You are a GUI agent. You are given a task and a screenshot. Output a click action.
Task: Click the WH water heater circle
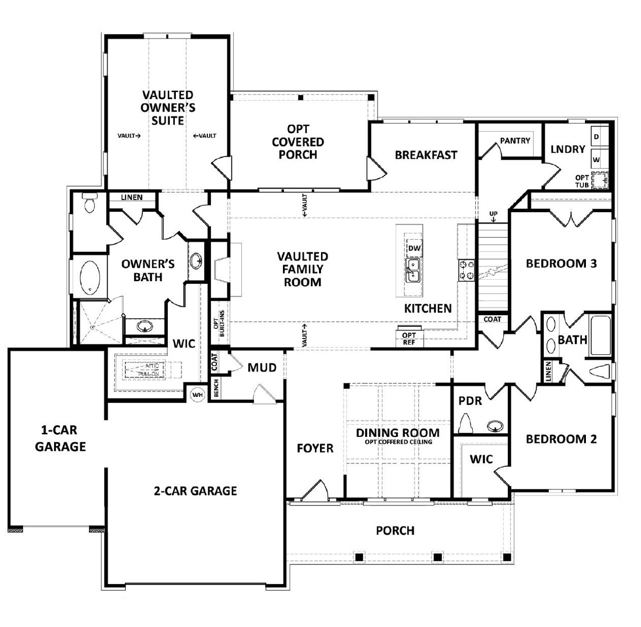pos(198,395)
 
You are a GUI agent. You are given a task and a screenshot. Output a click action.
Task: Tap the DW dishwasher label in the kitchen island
pos(414,248)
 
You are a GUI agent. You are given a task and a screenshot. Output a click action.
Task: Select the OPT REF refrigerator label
pos(409,339)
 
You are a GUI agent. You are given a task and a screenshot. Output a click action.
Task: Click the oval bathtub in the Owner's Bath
pos(91,277)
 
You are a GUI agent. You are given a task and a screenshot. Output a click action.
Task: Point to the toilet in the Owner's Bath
pos(90,203)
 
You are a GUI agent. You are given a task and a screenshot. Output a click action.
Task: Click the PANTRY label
pos(515,141)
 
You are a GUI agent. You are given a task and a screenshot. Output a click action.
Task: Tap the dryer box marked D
pos(596,137)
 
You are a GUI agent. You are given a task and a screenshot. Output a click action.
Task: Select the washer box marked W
pos(596,160)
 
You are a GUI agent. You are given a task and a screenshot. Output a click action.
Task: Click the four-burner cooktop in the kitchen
pos(466,270)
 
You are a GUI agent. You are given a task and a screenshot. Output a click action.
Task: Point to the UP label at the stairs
pos(493,214)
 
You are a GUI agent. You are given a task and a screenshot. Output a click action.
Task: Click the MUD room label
pos(262,368)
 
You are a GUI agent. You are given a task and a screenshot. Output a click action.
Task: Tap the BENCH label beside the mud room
pos(216,388)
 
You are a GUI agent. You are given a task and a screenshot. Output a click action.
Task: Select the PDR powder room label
pos(470,401)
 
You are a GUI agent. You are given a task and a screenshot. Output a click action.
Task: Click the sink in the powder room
pos(495,426)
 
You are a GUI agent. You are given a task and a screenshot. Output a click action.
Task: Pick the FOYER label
pos(315,448)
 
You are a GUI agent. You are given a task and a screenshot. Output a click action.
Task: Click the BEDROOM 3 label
pos(561,263)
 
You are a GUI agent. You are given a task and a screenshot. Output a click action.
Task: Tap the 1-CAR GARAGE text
pos(60,438)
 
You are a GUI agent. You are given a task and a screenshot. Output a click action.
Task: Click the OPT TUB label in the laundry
pos(582,181)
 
